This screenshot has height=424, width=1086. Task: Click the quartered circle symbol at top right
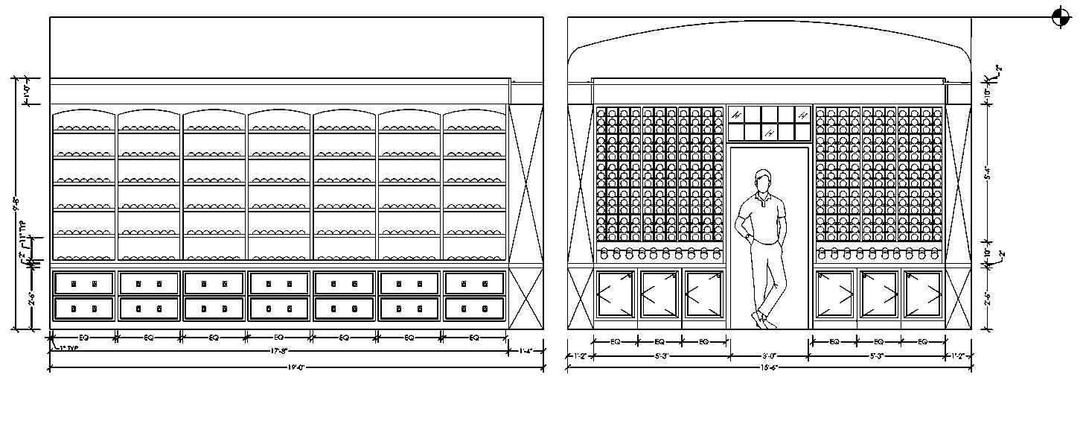tap(1061, 17)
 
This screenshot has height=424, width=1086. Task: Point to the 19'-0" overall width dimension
tap(296, 367)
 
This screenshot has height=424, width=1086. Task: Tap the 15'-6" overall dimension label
tap(769, 367)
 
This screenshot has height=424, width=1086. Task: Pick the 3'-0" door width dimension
tap(769, 355)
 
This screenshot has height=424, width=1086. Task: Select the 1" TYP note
tap(68, 347)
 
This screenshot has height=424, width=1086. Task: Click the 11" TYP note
tap(22, 228)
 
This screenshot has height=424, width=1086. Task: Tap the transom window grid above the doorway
tap(769, 124)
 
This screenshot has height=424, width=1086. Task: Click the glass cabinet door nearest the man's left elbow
tap(703, 294)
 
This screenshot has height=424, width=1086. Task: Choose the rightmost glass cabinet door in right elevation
tap(922, 294)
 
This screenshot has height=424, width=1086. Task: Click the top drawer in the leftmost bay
tap(83, 283)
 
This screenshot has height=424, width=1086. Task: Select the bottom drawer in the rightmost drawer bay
tap(474, 308)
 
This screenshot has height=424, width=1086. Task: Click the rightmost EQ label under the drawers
tap(474, 338)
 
